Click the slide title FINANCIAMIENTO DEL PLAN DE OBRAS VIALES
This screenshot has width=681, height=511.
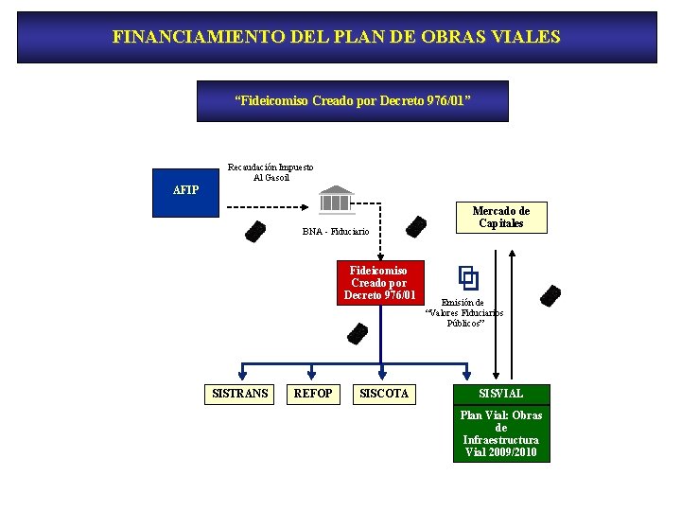(x=337, y=37)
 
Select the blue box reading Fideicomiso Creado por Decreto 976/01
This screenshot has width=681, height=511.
(x=352, y=101)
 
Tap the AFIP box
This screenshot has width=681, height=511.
(x=186, y=189)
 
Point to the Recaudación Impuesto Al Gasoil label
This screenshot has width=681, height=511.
(x=271, y=172)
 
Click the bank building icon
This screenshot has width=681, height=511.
(x=335, y=201)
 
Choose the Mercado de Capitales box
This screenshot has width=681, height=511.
(x=500, y=218)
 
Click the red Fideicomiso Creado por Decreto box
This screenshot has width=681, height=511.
(x=380, y=283)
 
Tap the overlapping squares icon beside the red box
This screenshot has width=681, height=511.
(x=468, y=277)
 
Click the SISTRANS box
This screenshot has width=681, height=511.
(x=239, y=393)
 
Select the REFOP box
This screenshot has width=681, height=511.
(x=313, y=393)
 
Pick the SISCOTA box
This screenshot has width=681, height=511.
(x=384, y=393)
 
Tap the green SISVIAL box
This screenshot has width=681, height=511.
(x=500, y=393)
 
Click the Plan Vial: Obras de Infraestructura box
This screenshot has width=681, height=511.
(x=500, y=434)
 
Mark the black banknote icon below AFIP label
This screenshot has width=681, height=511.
(x=255, y=231)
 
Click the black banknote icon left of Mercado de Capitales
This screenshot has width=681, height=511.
(x=415, y=227)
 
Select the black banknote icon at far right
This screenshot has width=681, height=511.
(x=550, y=296)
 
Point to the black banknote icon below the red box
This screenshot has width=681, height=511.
(x=358, y=333)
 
